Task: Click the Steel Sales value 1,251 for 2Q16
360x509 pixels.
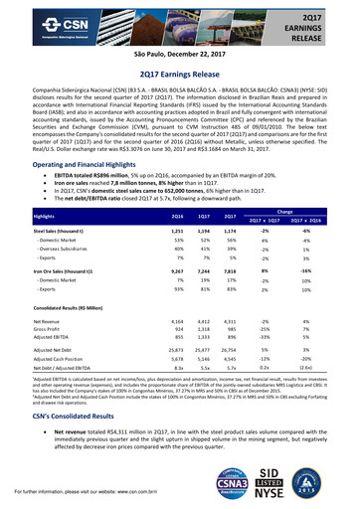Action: tap(151, 230)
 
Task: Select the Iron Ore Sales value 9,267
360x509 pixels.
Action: tap(151, 270)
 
